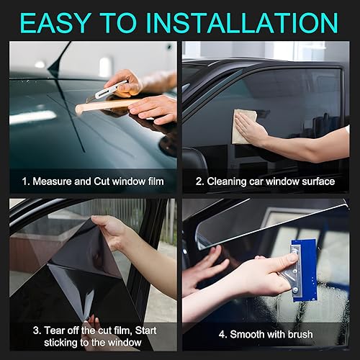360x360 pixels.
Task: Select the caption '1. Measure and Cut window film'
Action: pyautogui.click(x=93, y=181)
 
